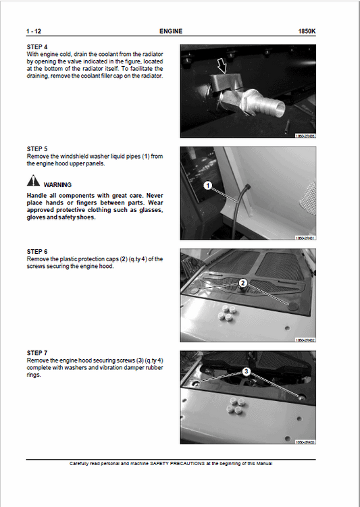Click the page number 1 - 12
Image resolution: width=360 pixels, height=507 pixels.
[x=34, y=31]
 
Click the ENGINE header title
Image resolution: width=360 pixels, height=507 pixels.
[x=170, y=31]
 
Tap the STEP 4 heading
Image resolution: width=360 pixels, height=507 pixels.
[x=37, y=47]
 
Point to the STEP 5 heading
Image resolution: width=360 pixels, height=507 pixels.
[x=37, y=149]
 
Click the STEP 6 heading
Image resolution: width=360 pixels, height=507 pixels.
[x=37, y=251]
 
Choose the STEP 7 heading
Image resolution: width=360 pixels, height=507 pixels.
[x=37, y=353]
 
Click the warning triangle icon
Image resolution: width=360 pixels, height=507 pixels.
[x=33, y=182]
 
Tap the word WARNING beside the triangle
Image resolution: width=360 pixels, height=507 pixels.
[x=57, y=184]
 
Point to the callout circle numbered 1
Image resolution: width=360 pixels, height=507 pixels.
[x=208, y=184]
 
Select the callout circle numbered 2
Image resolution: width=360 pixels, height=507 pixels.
[x=242, y=283]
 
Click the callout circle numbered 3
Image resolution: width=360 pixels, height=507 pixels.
[x=247, y=371]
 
